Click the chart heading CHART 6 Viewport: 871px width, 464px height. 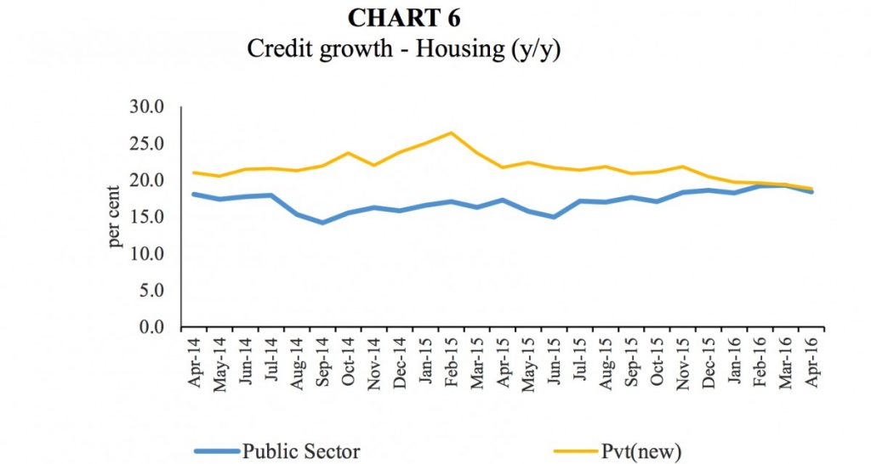[x=404, y=17]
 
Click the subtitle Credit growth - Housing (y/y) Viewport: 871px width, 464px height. [x=404, y=48]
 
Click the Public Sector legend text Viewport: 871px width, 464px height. [x=301, y=451]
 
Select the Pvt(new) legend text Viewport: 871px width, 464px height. [x=632, y=451]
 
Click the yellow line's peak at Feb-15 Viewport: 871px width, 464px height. [x=451, y=133]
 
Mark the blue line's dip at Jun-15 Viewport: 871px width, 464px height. [x=554, y=217]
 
